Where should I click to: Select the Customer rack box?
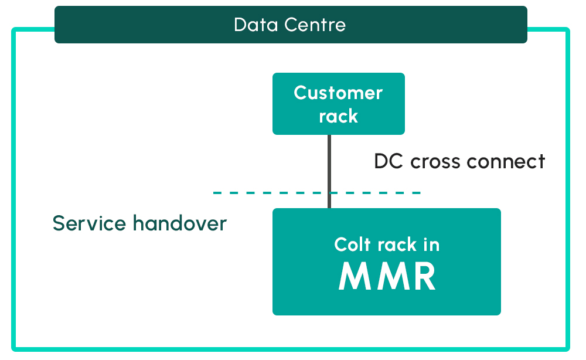click(339, 104)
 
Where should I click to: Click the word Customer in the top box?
click(339, 93)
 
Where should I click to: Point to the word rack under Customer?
click(339, 116)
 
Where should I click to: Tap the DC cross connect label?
click(459, 161)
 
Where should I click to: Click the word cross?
click(437, 161)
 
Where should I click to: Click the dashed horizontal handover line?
click(264, 192)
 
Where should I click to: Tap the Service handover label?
click(139, 223)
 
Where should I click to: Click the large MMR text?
click(387, 277)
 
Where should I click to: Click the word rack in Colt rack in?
click(396, 244)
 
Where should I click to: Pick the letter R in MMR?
click(423, 277)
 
